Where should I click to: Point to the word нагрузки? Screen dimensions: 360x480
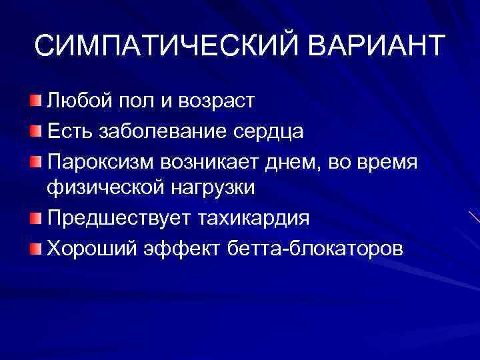tap(206, 189)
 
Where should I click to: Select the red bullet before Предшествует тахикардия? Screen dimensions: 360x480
tap(35, 218)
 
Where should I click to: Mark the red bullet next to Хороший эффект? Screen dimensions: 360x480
tap(35, 247)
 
